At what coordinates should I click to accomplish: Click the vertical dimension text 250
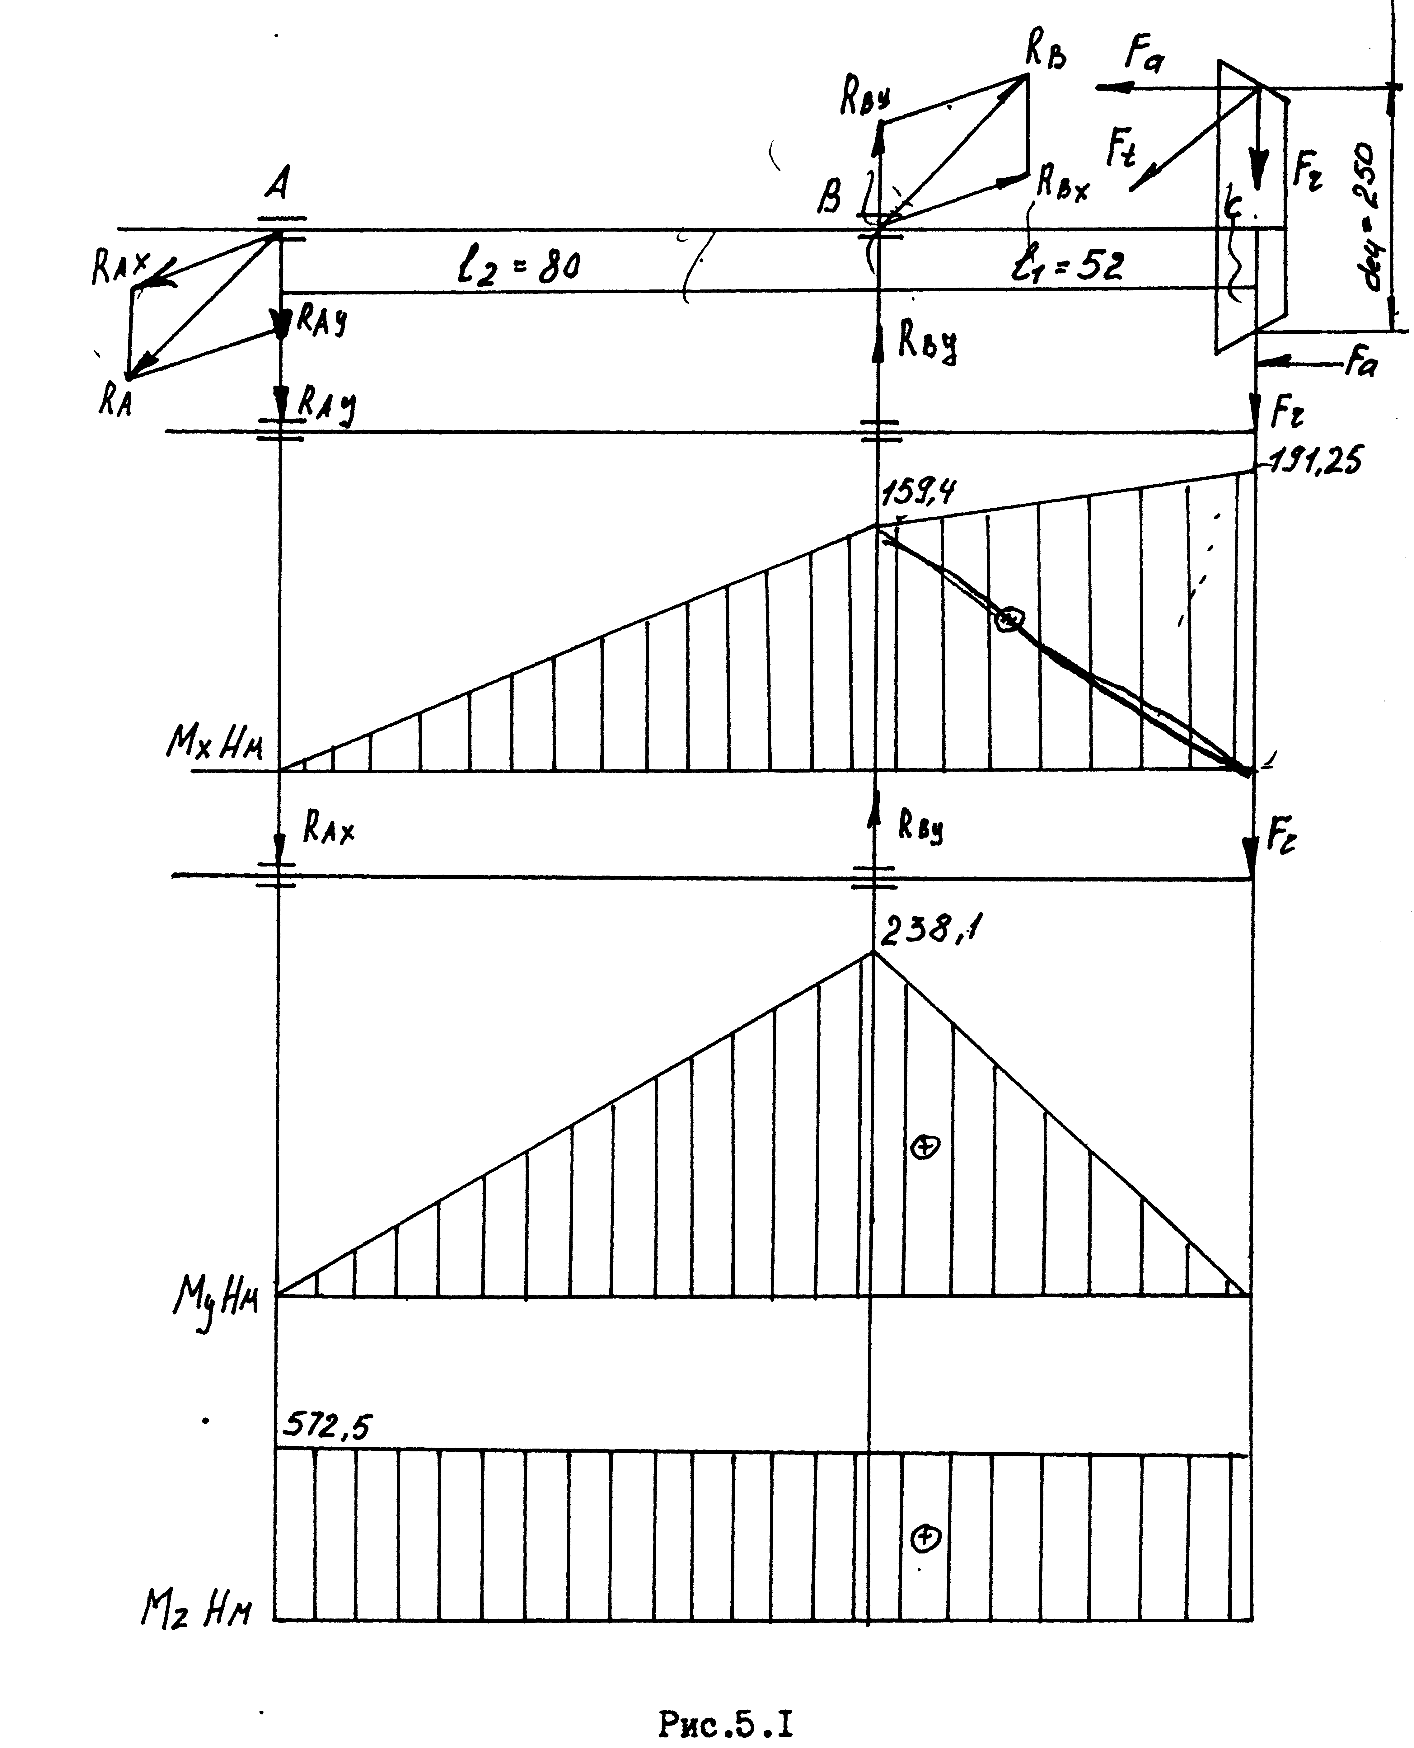click(1377, 187)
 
